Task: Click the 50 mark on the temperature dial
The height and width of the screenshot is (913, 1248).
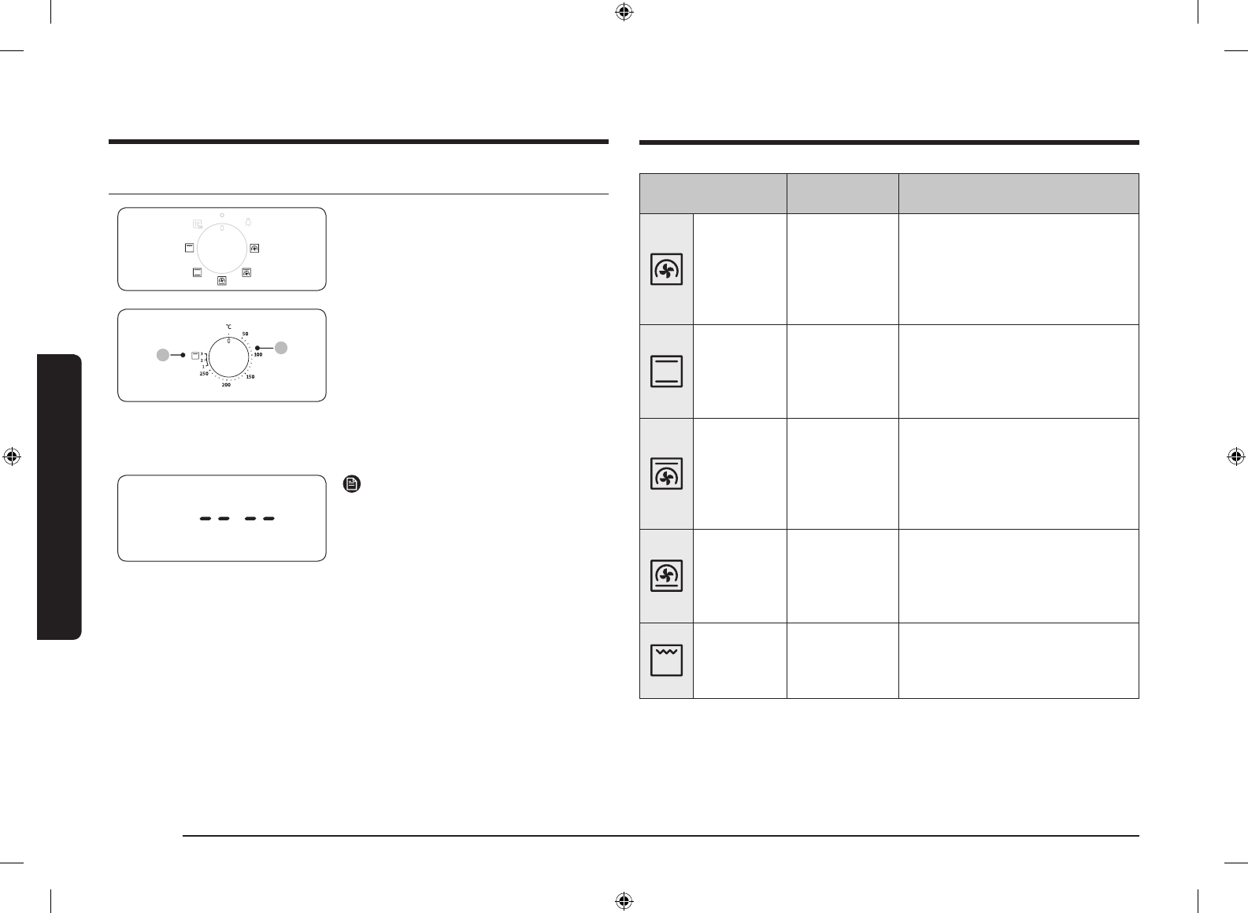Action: (x=245, y=334)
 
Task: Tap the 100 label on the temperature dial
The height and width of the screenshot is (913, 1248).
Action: (x=257, y=355)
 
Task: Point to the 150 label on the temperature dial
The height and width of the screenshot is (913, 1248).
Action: (x=250, y=377)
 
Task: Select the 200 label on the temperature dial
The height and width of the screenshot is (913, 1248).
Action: (x=226, y=386)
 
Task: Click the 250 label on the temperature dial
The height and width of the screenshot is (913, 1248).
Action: (x=204, y=374)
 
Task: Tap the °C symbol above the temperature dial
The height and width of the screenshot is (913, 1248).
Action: (x=229, y=326)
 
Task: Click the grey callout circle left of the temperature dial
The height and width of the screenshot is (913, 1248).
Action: (x=161, y=356)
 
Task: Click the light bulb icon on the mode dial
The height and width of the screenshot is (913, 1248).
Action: (x=248, y=222)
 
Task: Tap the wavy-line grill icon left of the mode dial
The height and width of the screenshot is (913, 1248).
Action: (x=189, y=249)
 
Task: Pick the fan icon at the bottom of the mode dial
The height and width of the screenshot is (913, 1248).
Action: (x=222, y=280)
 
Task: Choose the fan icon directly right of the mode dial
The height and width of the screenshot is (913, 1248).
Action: (x=254, y=249)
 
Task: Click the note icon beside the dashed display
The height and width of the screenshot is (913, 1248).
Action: (x=351, y=484)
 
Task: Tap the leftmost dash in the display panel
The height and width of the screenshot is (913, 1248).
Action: (x=206, y=519)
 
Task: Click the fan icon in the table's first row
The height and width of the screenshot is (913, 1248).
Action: (x=666, y=270)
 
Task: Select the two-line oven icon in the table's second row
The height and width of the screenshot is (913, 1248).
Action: (x=666, y=371)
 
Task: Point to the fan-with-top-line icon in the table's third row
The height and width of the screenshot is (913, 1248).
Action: (x=666, y=474)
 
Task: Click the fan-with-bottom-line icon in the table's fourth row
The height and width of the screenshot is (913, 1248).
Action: (x=666, y=576)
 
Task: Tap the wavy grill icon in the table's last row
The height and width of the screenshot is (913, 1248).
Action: (x=666, y=660)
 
